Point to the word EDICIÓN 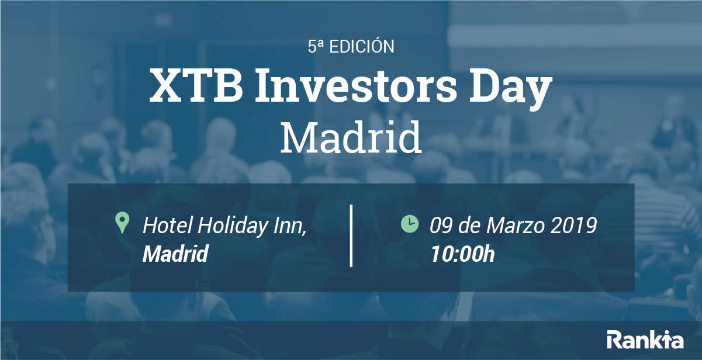362,47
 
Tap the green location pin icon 122,223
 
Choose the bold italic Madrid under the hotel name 175,254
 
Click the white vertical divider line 351,236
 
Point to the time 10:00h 462,254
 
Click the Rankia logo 645,340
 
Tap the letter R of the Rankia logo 614,340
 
